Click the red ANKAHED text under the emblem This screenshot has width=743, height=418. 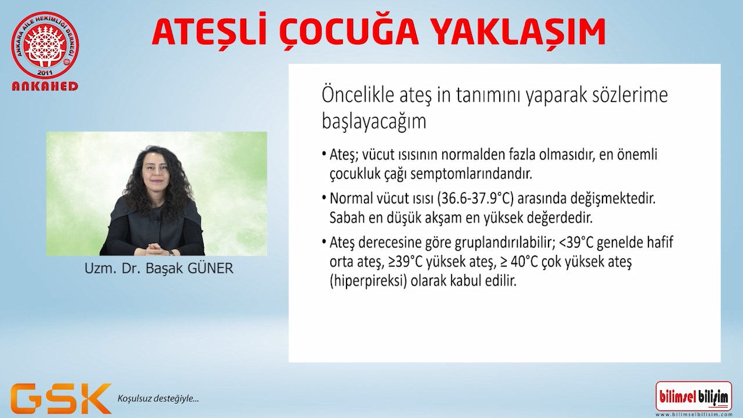pos(45,87)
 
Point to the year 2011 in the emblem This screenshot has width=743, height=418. pos(45,73)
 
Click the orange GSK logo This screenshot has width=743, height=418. pos(61,398)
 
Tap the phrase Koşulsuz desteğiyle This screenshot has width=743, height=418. pos(158,398)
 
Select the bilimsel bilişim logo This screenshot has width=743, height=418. pos(694,397)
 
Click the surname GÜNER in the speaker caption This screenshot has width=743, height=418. pos(210,268)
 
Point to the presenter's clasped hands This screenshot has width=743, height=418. pos(156,249)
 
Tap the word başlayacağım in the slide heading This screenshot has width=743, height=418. pos(374,122)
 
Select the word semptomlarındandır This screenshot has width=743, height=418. pos(471,174)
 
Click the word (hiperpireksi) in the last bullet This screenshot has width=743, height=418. pos(368,282)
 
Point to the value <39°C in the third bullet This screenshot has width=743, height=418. pos(578,242)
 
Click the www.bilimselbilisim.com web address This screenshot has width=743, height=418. pos(694,415)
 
